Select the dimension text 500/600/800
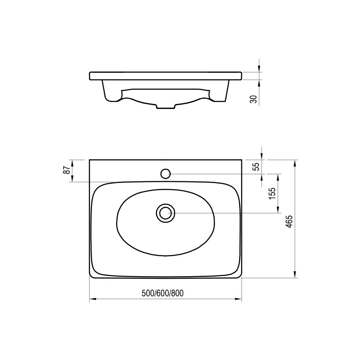[163, 293]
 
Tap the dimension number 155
[272, 194]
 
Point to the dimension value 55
[256, 166]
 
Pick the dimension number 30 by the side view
[253, 99]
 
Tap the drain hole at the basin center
[166, 213]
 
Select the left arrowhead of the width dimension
[92, 299]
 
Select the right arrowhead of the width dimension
[239, 299]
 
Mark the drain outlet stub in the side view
[166, 107]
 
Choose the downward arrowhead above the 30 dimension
[260, 69]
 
